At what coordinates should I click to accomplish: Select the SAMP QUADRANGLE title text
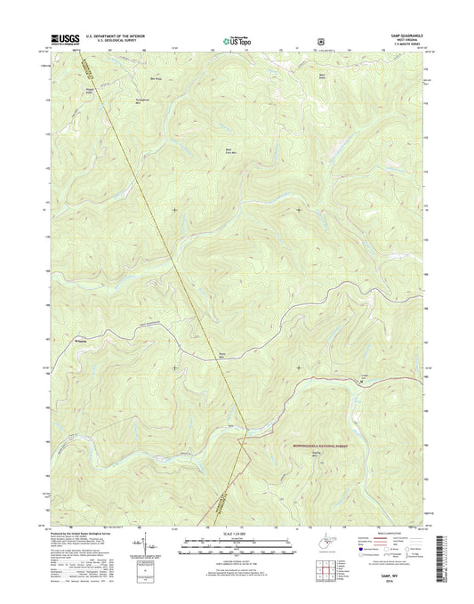tap(409, 35)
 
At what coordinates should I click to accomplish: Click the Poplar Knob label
tap(86, 90)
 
